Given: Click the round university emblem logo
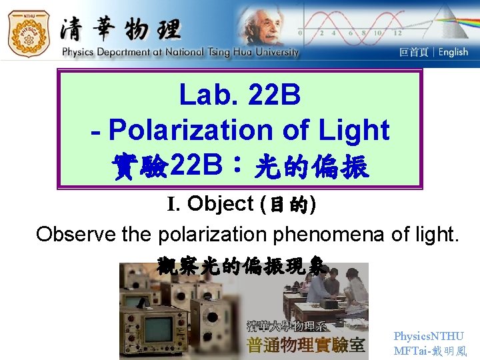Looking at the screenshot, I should point(28,32).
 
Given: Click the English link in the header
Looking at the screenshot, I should point(453,52).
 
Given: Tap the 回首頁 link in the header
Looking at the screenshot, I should point(413,52).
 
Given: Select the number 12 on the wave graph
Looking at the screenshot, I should point(398,33).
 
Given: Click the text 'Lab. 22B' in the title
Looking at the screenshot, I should point(240,95).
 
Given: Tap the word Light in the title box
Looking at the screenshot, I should point(353,130).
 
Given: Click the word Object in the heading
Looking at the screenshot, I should point(221,204).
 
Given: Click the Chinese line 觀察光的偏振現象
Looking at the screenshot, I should point(242,266).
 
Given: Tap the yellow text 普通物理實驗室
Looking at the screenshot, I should point(306,345).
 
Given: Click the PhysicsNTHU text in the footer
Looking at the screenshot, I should point(428,337).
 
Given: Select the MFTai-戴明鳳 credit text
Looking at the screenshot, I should point(430,351).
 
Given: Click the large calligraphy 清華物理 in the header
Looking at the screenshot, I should point(120,29).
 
